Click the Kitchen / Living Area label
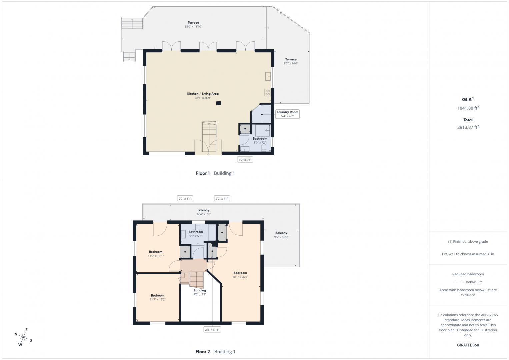click(203, 96)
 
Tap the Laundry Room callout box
click(287, 114)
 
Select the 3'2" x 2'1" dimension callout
click(245, 160)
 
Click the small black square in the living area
click(218, 103)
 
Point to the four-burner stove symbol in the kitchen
click(267, 93)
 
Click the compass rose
click(23, 337)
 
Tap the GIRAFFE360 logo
click(468, 345)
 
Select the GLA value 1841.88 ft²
click(468, 108)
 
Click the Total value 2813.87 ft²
click(468, 127)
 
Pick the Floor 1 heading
click(203, 173)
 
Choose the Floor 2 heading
click(203, 352)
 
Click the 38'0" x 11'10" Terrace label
click(193, 25)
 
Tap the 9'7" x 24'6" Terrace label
click(291, 61)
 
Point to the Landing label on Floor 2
click(200, 292)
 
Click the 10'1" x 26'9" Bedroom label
click(240, 275)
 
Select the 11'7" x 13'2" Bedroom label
click(157, 297)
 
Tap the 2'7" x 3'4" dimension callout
click(185, 198)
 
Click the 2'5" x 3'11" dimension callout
click(212, 330)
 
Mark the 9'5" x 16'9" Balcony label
click(281, 235)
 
